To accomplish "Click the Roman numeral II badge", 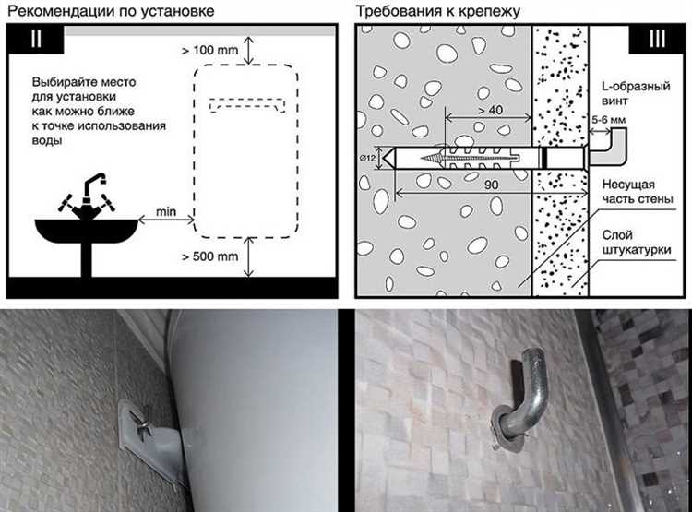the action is tap(36, 39).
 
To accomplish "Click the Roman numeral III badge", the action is tap(657, 39).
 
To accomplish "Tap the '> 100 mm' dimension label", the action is tap(210, 51).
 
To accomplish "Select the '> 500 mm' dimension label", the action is tap(210, 256).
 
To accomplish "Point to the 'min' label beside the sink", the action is tap(166, 212).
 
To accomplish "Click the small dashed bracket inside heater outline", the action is tap(247, 106).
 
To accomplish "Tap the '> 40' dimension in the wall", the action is tap(491, 110).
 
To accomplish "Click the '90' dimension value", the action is tap(491, 185).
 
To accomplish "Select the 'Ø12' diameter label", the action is tap(367, 158).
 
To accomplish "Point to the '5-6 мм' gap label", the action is tap(609, 120).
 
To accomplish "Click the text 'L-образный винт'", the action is tap(636, 93).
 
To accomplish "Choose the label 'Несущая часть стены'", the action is tap(638, 192).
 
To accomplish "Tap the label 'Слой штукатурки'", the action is tap(637, 243).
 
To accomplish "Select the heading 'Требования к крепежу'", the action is tap(438, 11).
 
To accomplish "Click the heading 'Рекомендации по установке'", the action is tap(112, 10).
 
